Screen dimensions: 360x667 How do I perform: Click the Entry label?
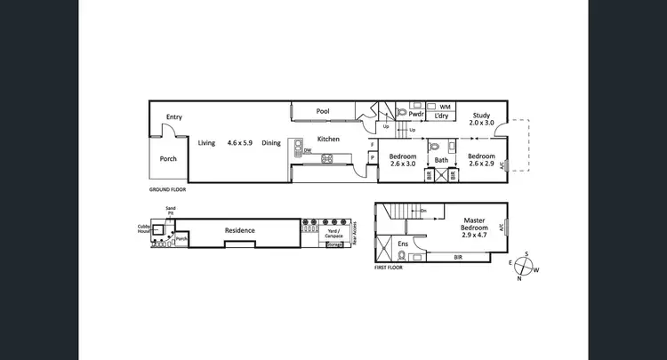(174, 117)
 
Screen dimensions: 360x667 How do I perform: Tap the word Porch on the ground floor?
(168, 159)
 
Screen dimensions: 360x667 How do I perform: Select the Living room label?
(206, 142)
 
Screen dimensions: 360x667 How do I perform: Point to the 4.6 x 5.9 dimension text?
(240, 142)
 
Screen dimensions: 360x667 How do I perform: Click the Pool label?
(323, 111)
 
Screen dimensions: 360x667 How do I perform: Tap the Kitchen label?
(329, 139)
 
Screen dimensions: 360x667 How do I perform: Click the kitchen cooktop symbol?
(326, 159)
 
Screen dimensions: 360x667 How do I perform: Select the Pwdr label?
(415, 115)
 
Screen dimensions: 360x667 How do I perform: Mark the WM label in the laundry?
(445, 107)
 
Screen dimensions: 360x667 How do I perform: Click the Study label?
(481, 115)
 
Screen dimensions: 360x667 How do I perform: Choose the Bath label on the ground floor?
(441, 160)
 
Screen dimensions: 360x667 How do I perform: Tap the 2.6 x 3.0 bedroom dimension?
(403, 164)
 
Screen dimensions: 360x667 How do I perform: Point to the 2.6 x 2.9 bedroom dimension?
(481, 164)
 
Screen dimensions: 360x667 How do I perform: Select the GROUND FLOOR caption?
(167, 189)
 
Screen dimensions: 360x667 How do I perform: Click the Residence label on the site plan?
(239, 230)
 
